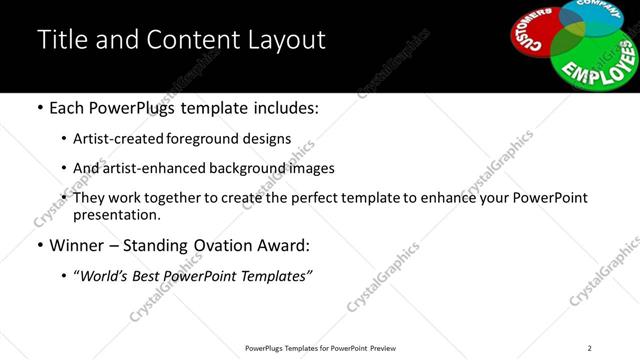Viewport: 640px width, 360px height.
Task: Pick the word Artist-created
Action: pyautogui.click(x=117, y=139)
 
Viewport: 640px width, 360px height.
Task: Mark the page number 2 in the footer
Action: pyautogui.click(x=589, y=348)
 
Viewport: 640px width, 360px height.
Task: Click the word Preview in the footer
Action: pyautogui.click(x=386, y=348)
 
